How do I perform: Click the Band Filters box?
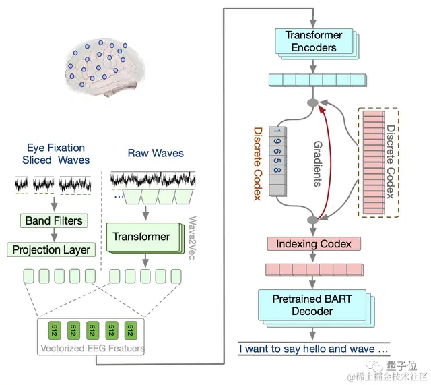[54, 220]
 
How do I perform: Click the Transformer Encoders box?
[314, 41]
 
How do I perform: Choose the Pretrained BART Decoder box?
[312, 304]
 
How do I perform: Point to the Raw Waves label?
[156, 153]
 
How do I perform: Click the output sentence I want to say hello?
[314, 349]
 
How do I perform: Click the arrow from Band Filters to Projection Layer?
[53, 235]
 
